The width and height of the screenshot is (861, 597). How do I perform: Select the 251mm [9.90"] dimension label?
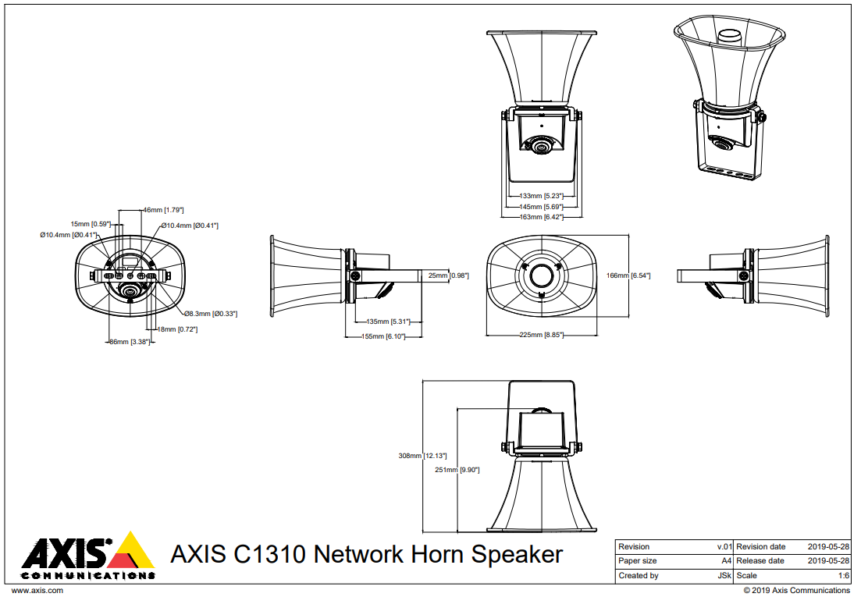(457, 470)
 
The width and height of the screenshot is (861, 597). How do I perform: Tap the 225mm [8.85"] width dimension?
(542, 335)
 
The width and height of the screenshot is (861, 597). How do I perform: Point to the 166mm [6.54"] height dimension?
(628, 275)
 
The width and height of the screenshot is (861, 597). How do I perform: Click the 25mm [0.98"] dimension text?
(448, 275)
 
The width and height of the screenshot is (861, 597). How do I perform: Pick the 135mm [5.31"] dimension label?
(388, 321)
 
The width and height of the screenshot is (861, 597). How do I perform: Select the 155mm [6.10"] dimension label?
(382, 336)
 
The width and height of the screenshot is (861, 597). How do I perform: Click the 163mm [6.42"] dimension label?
(541, 217)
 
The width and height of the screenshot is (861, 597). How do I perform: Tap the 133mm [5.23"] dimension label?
(541, 196)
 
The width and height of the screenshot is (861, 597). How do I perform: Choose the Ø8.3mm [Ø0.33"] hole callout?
(210, 313)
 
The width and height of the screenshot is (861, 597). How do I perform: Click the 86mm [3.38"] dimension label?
(130, 341)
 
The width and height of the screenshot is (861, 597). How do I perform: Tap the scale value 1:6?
(843, 575)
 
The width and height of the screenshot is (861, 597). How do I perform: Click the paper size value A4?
(726, 561)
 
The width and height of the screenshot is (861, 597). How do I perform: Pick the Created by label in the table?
(638, 575)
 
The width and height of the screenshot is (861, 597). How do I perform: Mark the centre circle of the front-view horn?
(541, 276)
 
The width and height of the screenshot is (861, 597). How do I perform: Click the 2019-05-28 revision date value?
(828, 547)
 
